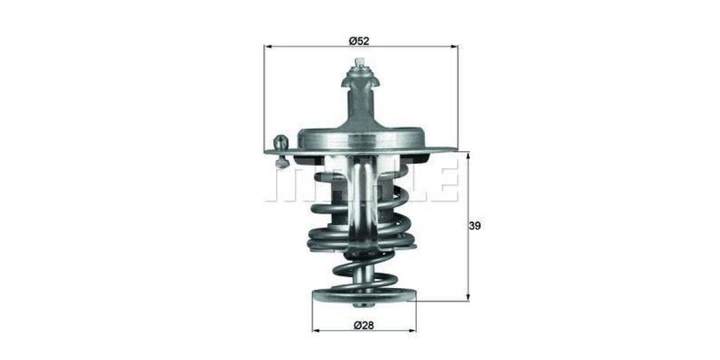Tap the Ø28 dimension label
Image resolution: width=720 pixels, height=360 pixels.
364,326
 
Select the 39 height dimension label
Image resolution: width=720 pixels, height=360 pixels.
474,226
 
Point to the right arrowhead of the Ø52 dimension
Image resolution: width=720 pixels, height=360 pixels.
454,46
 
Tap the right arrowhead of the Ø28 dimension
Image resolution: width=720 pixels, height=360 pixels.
411,330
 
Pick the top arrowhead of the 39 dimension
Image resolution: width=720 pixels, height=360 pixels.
468,157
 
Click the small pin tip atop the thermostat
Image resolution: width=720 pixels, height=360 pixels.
359,62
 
